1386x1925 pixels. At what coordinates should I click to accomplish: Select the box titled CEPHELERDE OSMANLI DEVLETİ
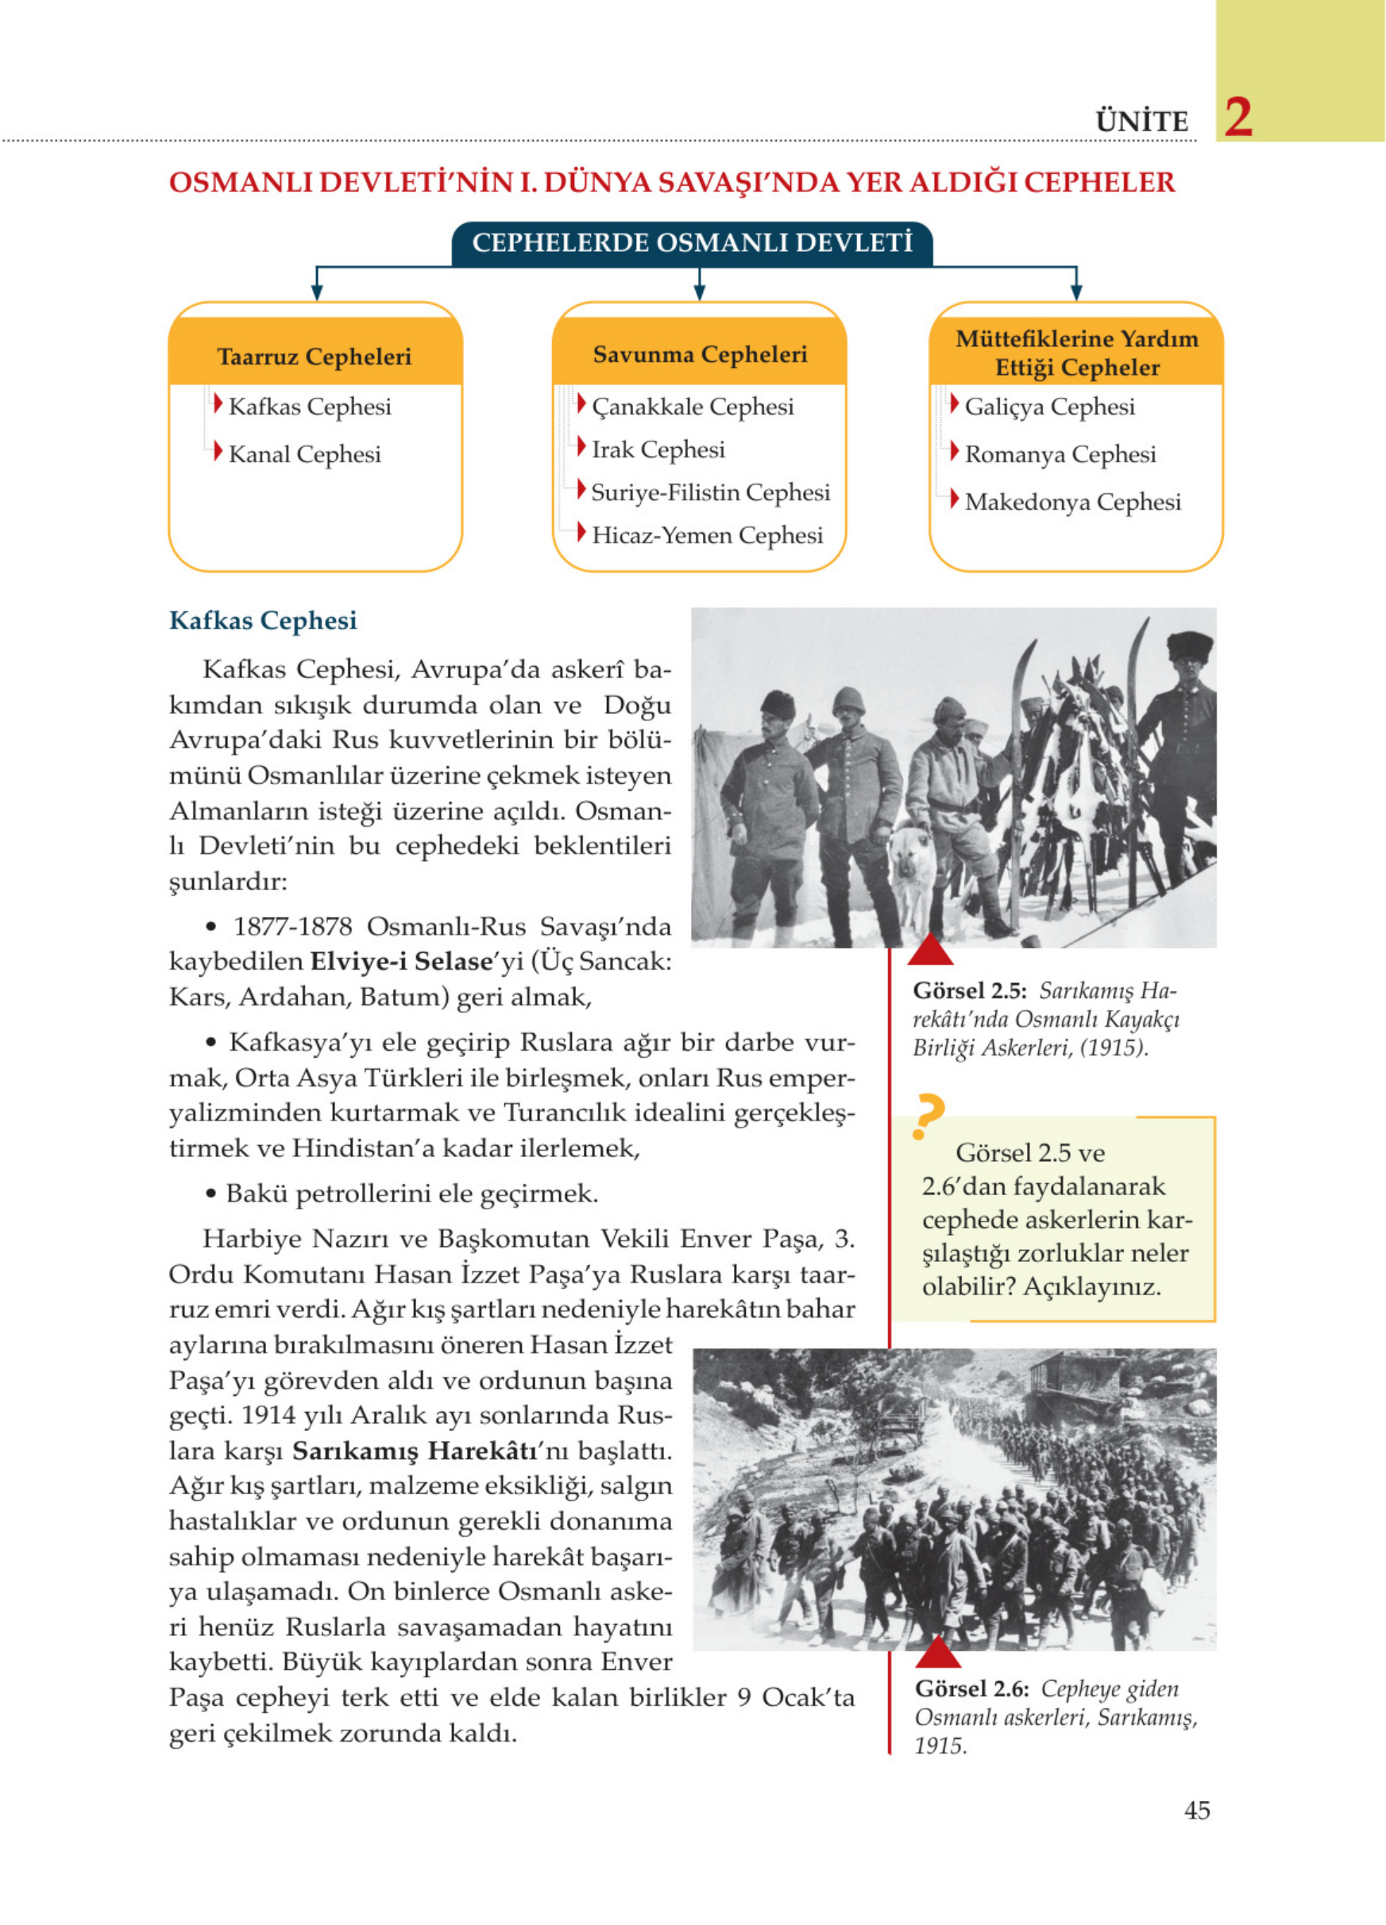pos(692,244)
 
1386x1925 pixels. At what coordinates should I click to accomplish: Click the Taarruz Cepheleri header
pos(314,357)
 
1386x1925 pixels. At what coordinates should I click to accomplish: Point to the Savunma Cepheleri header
pos(700,355)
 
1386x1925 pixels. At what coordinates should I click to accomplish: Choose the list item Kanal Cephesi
pos(304,454)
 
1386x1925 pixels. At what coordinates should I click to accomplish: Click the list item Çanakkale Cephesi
pos(692,407)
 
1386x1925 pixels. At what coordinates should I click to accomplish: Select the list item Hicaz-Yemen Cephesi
pos(706,534)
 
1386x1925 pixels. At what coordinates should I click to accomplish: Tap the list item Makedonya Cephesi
pos(1072,502)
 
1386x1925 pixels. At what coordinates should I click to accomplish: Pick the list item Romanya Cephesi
pos(1060,454)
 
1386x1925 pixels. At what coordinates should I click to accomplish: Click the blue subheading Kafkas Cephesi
pos(262,620)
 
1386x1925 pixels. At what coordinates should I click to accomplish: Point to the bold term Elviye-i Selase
pos(400,962)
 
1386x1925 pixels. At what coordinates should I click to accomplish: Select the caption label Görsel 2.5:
pos(969,991)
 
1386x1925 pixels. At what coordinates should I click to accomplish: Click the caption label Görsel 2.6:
pos(971,1689)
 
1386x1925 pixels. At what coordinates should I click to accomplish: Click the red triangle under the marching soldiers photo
pos(938,1653)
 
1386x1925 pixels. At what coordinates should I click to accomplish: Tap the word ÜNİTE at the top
pos(1141,122)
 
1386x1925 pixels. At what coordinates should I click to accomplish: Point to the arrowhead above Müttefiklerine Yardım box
pos(1075,293)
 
